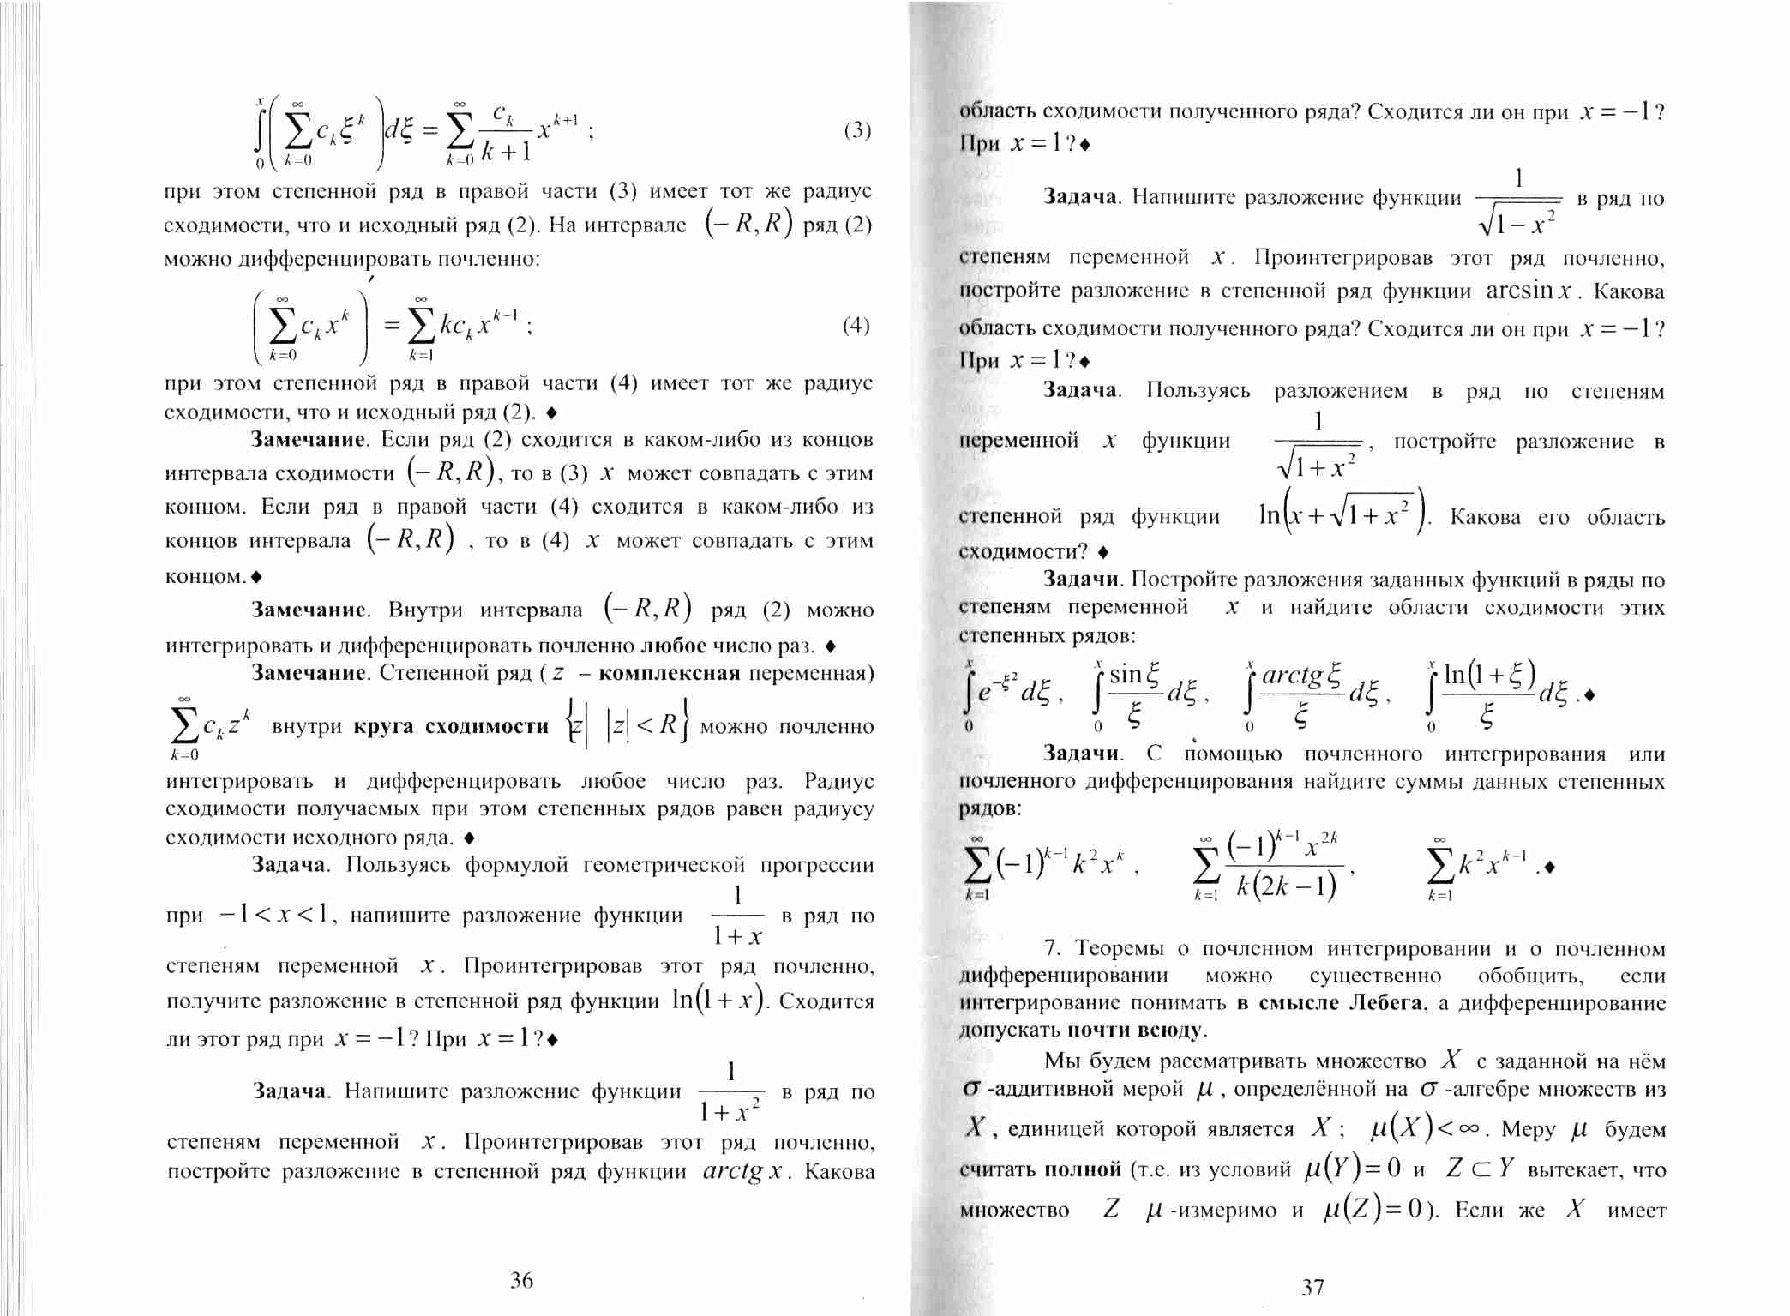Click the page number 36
521,1280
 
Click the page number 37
1312,1287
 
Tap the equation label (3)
857,130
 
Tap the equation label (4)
856,325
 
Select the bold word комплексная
669,673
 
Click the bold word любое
673,646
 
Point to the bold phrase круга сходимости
451,727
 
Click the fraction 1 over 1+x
737,916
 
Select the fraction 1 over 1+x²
730,1092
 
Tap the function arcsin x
1529,291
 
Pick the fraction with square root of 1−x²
1518,201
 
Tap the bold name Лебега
1385,1003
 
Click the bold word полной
1082,1169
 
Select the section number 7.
1053,948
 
